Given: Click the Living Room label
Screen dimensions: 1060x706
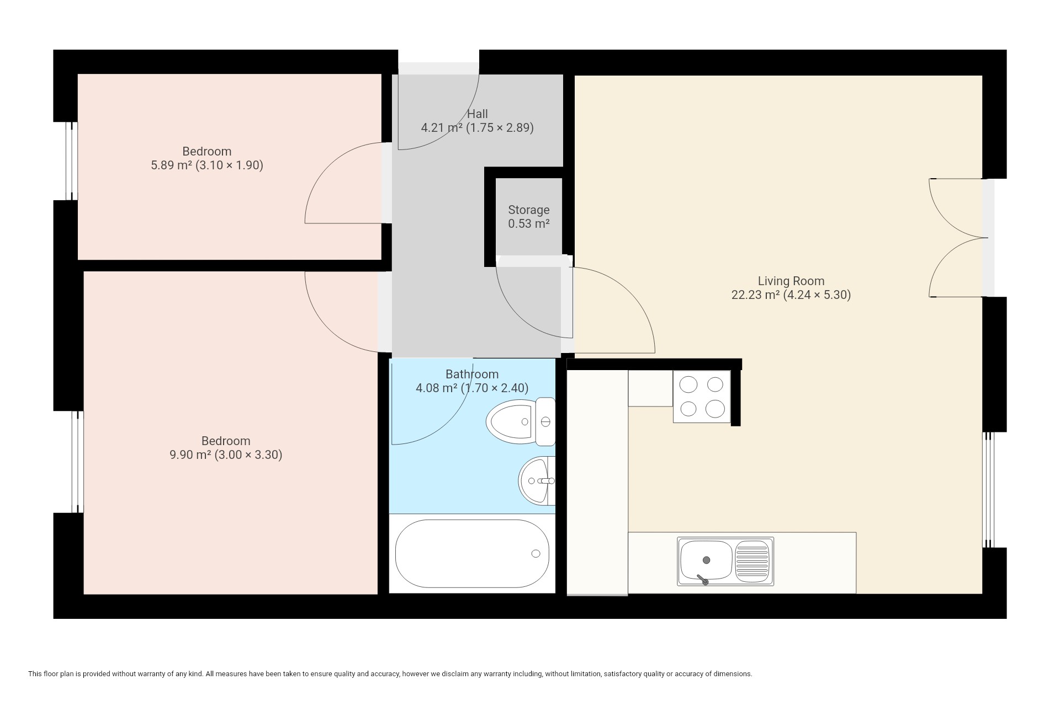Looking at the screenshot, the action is (x=791, y=281).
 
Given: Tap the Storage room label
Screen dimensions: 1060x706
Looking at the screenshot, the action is (x=529, y=210).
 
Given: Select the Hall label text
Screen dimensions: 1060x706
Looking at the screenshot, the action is (x=478, y=114).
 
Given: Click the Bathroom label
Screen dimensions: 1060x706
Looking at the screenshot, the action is (x=472, y=374).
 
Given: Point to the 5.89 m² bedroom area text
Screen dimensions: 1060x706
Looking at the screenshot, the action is (x=207, y=165).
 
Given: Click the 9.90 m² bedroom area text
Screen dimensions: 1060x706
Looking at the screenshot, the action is (x=226, y=454).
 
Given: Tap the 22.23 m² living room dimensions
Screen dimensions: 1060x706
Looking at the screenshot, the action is (x=791, y=295).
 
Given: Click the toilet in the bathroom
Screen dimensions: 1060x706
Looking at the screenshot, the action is (x=521, y=422).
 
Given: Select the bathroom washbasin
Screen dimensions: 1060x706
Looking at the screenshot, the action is (x=537, y=480).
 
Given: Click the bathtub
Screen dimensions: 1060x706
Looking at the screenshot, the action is (x=472, y=554).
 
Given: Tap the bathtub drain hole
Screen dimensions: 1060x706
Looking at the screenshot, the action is (x=536, y=554).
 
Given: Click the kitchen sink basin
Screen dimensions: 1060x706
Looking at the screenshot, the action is (x=706, y=560).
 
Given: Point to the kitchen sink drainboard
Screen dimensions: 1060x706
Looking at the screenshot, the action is (x=752, y=560).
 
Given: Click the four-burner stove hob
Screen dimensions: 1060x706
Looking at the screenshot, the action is (x=702, y=396).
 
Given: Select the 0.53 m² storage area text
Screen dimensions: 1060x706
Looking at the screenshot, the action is (x=529, y=224).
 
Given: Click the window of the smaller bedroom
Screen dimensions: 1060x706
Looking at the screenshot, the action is (x=72, y=161).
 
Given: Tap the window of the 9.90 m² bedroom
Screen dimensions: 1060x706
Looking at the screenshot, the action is (x=77, y=462).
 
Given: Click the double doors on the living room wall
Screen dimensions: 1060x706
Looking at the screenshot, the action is (x=959, y=238).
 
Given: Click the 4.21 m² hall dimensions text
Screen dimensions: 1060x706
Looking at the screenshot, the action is (x=478, y=128).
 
